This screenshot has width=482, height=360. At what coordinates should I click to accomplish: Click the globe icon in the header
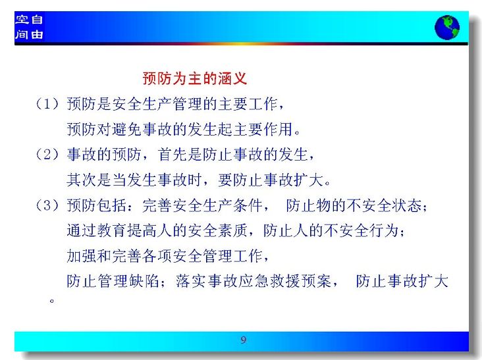coord(447,28)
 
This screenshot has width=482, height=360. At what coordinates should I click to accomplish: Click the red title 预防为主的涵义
coord(195,78)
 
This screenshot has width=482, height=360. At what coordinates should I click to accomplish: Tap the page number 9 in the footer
coord(244,340)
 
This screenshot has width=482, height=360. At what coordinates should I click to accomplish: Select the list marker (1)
coord(47,104)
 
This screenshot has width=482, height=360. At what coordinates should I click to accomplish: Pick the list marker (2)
coord(47,154)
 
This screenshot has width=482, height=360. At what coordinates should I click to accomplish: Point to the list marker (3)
coord(47,205)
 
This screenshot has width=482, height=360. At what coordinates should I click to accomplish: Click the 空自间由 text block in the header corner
coord(29,27)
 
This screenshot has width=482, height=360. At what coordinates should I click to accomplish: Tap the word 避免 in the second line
coord(126,129)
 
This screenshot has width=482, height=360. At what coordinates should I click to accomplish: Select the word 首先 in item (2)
coord(172,154)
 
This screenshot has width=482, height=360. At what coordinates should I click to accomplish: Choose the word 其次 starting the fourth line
coord(82,180)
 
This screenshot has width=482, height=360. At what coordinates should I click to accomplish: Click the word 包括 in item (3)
coord(111,205)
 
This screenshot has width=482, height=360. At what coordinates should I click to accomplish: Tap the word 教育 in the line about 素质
coord(111,230)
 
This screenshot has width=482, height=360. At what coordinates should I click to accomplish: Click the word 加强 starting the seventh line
coord(82,256)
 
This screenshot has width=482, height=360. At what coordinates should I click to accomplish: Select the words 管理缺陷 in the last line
coord(128,281)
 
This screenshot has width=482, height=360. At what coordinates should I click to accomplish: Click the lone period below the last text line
coord(52,300)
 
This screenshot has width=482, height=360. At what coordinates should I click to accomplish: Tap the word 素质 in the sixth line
coord(232,230)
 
